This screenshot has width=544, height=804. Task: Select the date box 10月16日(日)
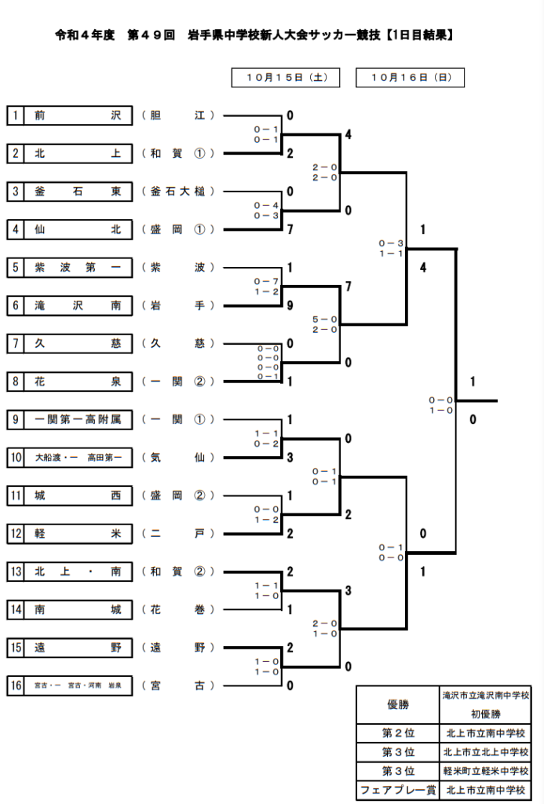[x=410, y=77]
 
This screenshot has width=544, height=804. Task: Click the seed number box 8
[x=16, y=382]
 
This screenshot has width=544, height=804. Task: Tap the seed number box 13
[x=16, y=572]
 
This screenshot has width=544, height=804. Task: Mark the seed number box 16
[x=16, y=685]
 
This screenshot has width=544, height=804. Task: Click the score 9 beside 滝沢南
[x=290, y=305]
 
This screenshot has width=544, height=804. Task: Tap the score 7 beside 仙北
[x=290, y=229]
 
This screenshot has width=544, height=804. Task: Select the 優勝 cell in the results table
[x=397, y=705]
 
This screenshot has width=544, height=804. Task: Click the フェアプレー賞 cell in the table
[x=397, y=790]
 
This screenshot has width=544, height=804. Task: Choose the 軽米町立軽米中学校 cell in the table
[x=486, y=771]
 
